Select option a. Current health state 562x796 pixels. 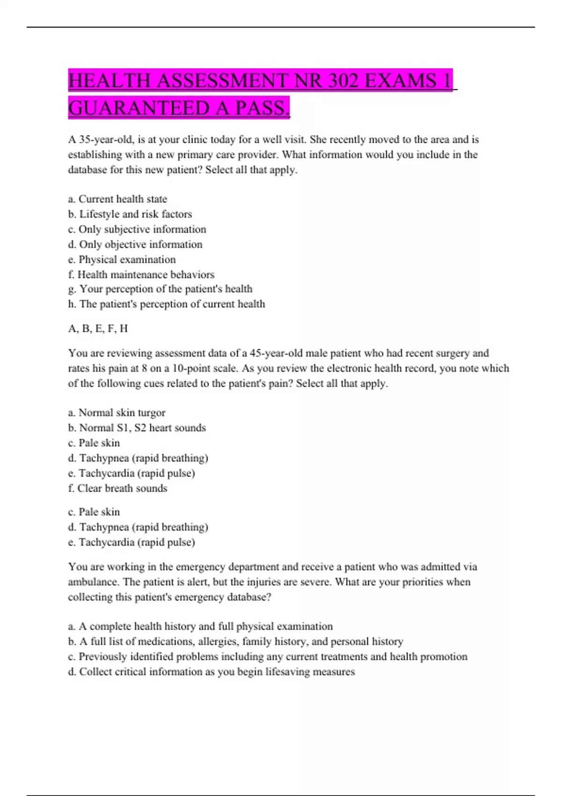118,199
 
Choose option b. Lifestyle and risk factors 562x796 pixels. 130,214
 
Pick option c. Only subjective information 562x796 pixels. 137,229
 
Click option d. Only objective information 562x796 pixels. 135,244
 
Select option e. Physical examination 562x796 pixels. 122,259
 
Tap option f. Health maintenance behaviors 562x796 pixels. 141,274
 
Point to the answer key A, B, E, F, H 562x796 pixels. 98,329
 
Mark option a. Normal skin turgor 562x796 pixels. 117,413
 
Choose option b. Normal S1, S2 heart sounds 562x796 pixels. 137,427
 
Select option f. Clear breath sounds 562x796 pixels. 118,488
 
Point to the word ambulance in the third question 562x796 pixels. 92,582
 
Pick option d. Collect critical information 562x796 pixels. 211,671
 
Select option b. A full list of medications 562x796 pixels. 236,641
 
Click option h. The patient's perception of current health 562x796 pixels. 166,304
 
